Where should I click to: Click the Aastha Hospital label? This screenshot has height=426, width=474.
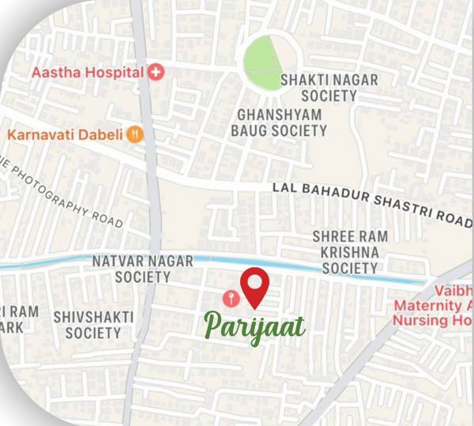(x=88, y=73)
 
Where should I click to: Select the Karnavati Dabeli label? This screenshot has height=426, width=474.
(x=66, y=134)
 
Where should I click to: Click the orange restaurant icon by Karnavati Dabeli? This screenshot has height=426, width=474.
(x=136, y=134)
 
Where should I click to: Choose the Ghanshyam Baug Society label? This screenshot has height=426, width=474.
(x=280, y=123)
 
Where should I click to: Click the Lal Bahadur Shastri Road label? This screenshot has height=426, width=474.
(x=371, y=202)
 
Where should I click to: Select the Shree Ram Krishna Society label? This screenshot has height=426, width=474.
(x=345, y=252)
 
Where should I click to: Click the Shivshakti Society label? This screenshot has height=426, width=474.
(x=93, y=325)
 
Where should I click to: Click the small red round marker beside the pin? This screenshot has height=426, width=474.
(x=230, y=298)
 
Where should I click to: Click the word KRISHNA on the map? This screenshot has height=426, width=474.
(x=345, y=252)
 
